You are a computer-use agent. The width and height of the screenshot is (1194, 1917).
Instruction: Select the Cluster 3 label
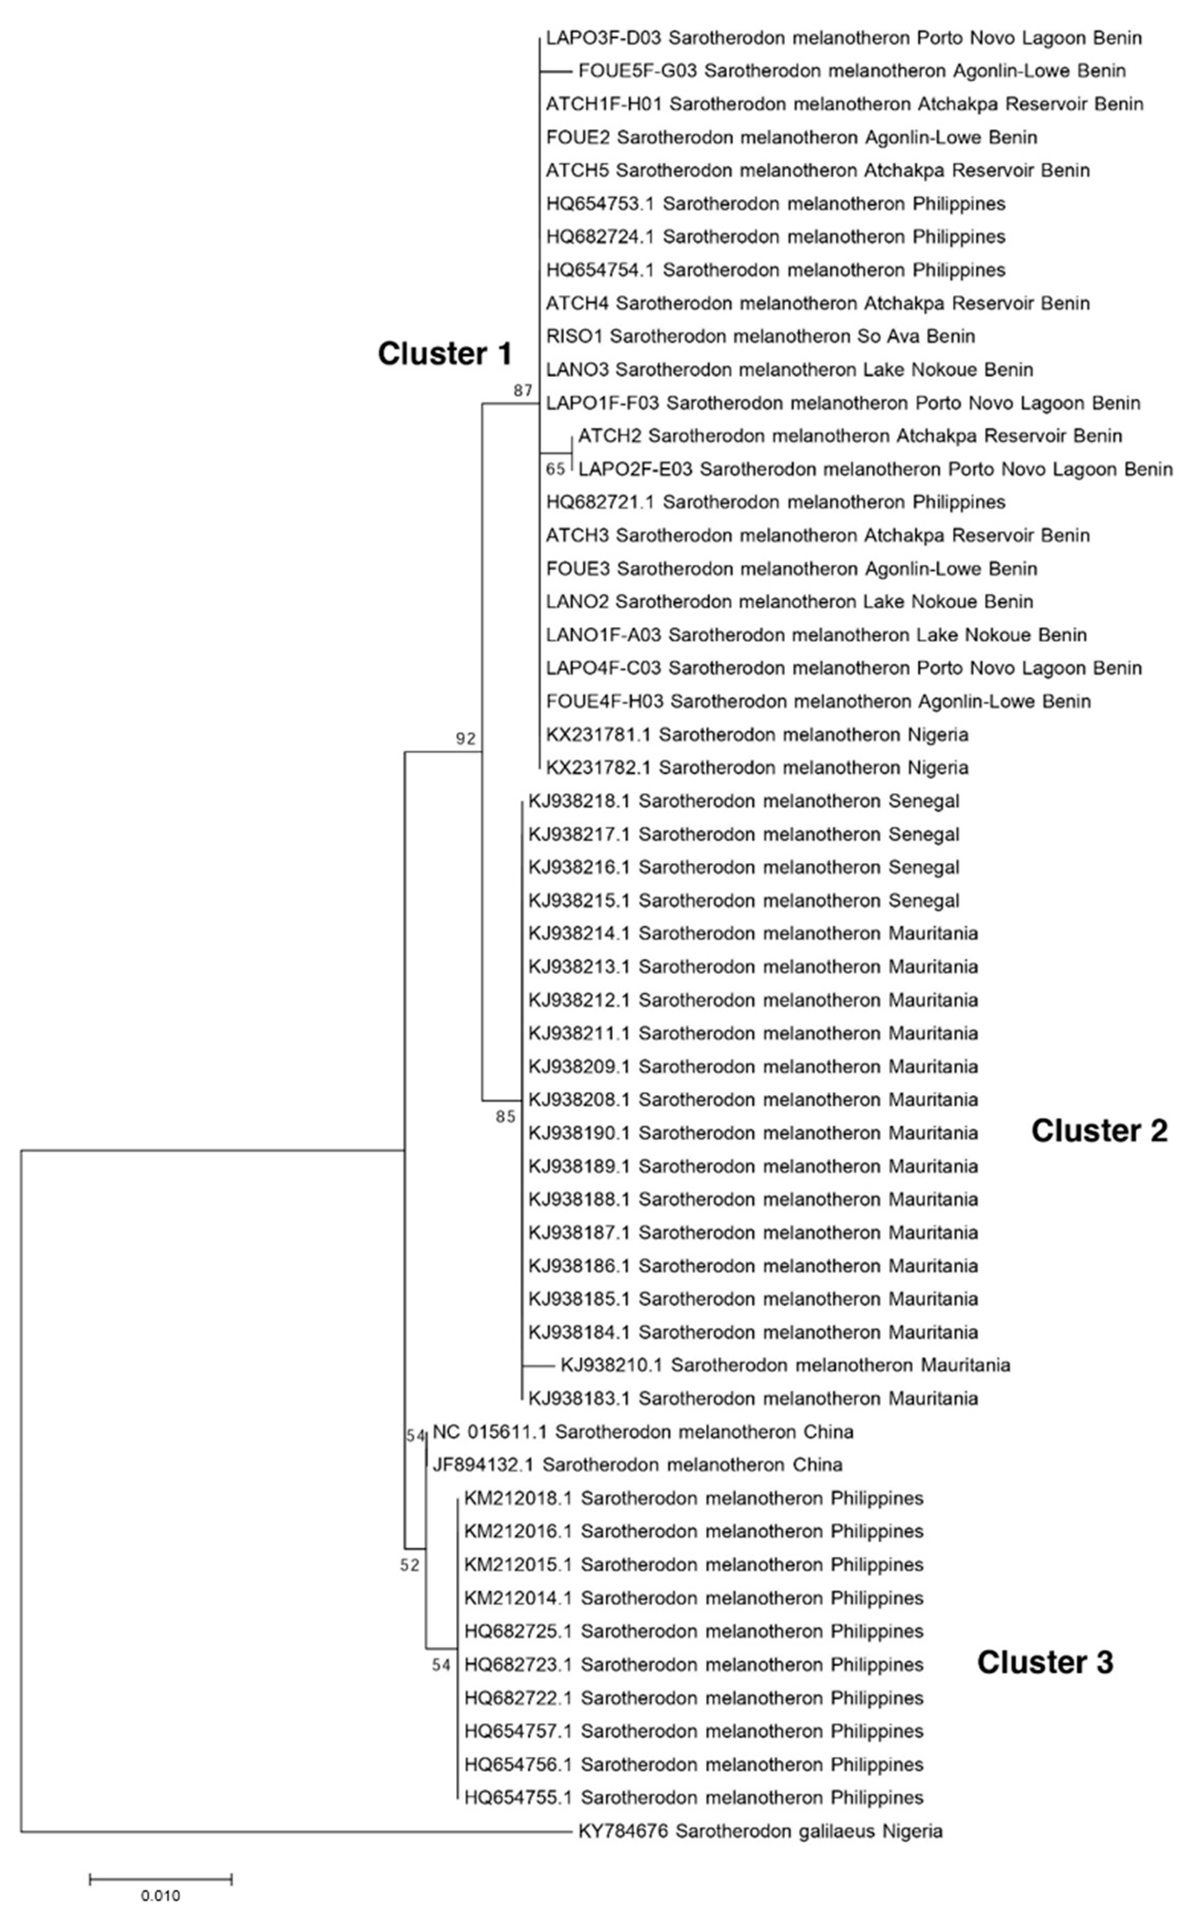click(1045, 1663)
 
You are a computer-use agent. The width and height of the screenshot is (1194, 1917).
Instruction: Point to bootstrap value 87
click(523, 390)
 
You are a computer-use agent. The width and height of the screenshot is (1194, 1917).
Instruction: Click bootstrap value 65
click(555, 469)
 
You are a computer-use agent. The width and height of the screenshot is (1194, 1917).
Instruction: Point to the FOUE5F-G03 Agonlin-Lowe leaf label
click(851, 71)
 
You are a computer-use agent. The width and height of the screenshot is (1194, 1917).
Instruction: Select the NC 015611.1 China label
click(643, 1431)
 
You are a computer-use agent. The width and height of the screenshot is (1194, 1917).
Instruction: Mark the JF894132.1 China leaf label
click(637, 1464)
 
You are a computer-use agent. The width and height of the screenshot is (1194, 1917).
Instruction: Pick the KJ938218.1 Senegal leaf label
click(744, 801)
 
